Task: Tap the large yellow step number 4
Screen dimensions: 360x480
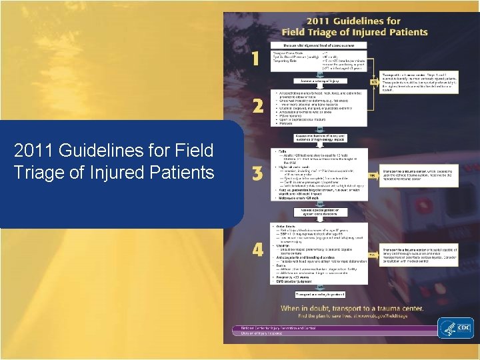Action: tap(257, 250)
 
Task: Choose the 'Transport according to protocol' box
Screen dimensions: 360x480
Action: tap(319, 293)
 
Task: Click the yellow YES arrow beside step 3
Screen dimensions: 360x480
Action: tap(374, 175)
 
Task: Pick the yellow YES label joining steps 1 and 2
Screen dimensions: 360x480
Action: tap(374, 82)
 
